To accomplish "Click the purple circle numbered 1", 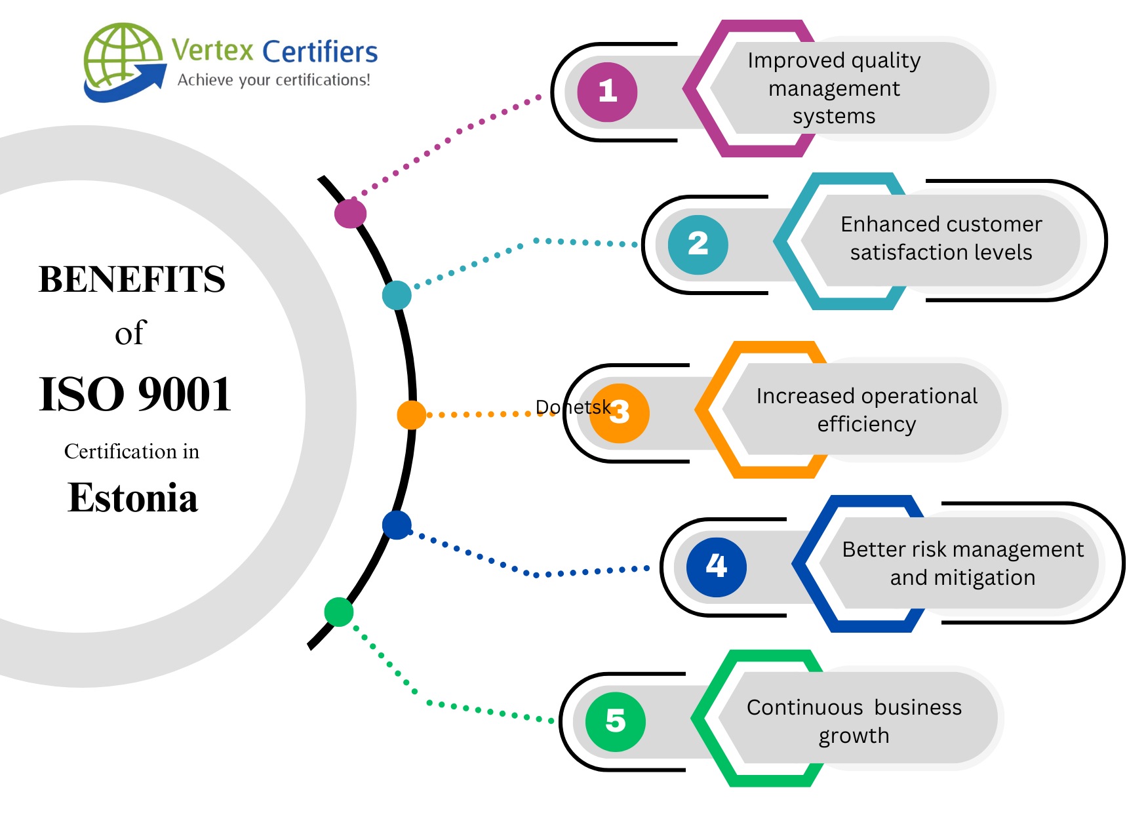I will click(607, 92).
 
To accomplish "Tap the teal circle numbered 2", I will click(698, 245).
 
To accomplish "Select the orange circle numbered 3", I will click(620, 413).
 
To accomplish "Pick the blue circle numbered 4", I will click(716, 567).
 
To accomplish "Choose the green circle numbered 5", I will click(615, 722).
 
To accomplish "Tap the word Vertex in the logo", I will click(212, 50).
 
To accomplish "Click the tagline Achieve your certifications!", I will click(273, 80).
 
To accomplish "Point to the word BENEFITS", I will click(132, 279).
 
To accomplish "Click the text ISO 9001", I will click(135, 395).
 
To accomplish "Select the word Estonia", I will click(132, 498).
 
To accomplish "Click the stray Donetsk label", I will click(572, 407).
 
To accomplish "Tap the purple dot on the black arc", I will click(350, 214).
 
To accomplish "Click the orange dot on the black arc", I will click(411, 415).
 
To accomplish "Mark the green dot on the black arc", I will click(339, 612).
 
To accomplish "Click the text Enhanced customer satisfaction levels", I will click(941, 238).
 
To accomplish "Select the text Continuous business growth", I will click(854, 721).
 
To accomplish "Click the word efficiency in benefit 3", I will click(866, 424).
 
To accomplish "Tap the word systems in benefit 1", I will click(834, 116).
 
